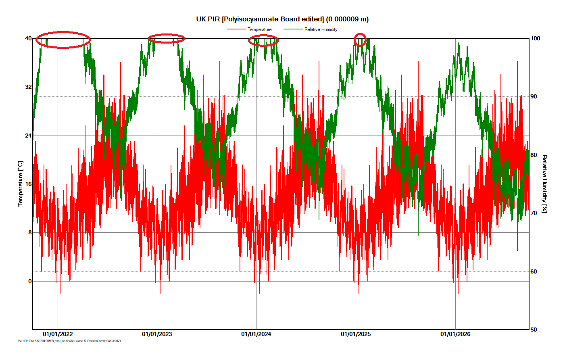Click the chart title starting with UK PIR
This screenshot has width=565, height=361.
pyautogui.click(x=282, y=19)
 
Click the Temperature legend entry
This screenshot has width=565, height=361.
pyautogui.click(x=259, y=29)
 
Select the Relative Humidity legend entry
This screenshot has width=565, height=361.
pyautogui.click(x=321, y=29)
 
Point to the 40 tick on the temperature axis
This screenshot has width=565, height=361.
pyautogui.click(x=28, y=38)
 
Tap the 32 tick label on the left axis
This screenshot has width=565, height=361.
pyautogui.click(x=28, y=87)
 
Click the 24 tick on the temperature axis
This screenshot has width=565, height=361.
pyautogui.click(x=28, y=136)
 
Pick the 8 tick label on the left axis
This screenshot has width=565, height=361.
pyautogui.click(x=30, y=232)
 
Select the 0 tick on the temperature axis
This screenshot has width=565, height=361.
pyautogui.click(x=30, y=281)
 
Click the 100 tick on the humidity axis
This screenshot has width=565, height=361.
pyautogui.click(x=535, y=38)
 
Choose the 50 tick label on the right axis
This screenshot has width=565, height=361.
pyautogui.click(x=534, y=330)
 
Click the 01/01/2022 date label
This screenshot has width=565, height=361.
pyautogui.click(x=58, y=334)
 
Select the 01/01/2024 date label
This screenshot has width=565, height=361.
pyautogui.click(x=256, y=334)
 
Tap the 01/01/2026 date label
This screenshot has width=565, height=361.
pyautogui.click(x=455, y=334)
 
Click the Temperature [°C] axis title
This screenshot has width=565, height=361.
pyautogui.click(x=21, y=184)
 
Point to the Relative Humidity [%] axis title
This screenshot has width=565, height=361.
pyautogui.click(x=544, y=184)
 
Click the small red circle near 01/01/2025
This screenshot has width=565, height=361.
pyautogui.click(x=360, y=40)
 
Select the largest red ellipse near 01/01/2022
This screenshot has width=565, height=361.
pyautogui.click(x=63, y=40)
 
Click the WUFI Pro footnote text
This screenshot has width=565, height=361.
pyautogui.click(x=69, y=341)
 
